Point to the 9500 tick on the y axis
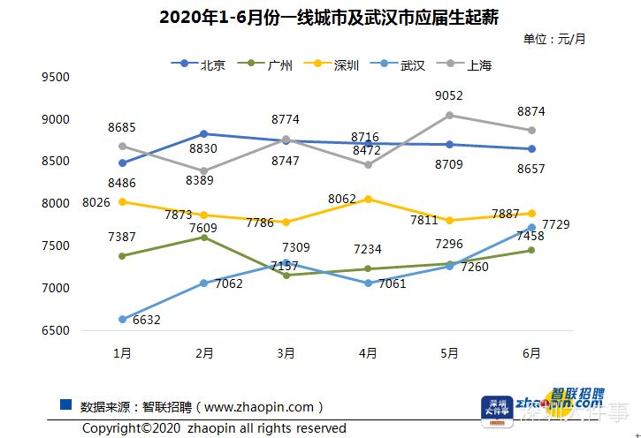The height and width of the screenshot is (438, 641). [x=56, y=77]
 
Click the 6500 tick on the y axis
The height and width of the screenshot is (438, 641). [x=56, y=330]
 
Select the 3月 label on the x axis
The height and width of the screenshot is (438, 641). [x=286, y=352]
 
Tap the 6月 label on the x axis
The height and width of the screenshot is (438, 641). [x=531, y=352]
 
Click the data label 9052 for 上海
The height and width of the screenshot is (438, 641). [x=449, y=95]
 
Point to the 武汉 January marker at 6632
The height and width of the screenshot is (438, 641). [x=122, y=320]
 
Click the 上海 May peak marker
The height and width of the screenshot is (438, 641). [x=449, y=115]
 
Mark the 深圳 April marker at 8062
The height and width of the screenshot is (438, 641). [x=368, y=199]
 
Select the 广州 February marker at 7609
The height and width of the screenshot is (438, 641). [x=204, y=237]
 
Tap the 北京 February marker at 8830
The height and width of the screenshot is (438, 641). [x=204, y=133]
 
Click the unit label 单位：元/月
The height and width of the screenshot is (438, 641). [x=554, y=39]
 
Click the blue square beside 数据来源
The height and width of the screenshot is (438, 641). [x=65, y=404]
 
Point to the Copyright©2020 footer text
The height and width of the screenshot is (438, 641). [x=214, y=428]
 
